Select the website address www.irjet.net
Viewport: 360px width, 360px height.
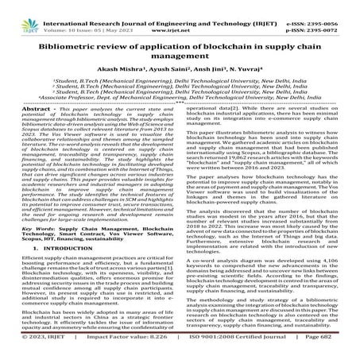tap(180, 14)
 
